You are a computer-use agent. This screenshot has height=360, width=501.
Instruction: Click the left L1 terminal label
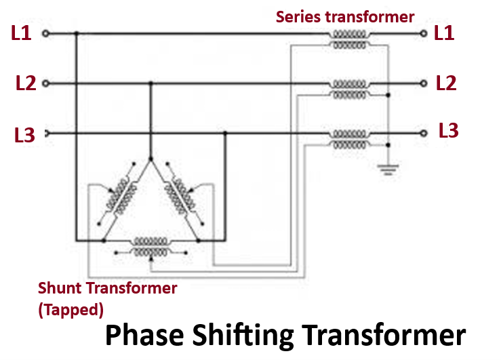coord(22,33)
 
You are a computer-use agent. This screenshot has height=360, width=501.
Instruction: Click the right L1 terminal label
coord(444,33)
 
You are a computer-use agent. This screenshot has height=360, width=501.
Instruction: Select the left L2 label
coord(26,83)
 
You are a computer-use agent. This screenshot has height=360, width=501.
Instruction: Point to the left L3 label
coord(24,134)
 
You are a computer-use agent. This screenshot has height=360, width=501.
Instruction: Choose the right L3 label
coord(448,130)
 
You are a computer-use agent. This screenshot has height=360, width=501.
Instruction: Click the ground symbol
coord(388,167)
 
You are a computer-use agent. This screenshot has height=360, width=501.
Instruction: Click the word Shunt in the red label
coord(60,287)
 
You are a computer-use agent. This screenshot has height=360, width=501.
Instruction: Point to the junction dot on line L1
coord(76,33)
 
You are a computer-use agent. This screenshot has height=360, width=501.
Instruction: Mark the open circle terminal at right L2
coord(424,83)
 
